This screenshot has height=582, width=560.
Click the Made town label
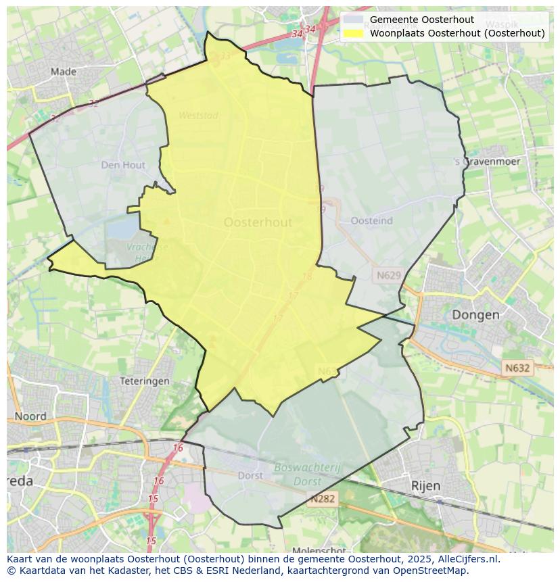63,71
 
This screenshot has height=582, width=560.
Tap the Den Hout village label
123,164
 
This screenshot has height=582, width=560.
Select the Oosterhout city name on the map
258,222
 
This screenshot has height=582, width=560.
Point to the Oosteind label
371,220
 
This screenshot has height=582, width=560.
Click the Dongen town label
475,314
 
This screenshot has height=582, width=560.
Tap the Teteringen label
144,381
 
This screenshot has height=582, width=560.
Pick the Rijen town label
425,485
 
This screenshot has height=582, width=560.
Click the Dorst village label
250,475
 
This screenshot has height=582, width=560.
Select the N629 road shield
389,275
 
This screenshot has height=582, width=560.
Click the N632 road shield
517,368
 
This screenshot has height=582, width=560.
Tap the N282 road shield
323,499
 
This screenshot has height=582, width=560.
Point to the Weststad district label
198,116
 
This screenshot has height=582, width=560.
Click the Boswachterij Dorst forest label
308,474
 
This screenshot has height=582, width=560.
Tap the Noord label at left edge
30,416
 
